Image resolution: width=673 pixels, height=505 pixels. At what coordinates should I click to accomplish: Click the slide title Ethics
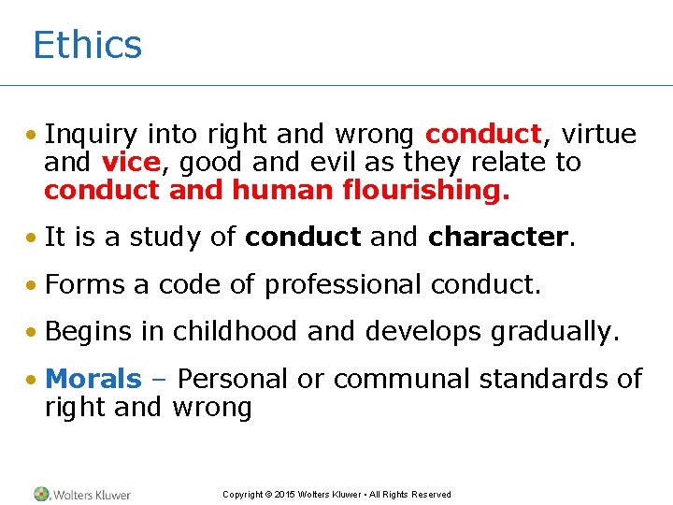coord(87,45)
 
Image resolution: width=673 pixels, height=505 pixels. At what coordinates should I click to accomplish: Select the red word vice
coord(130,163)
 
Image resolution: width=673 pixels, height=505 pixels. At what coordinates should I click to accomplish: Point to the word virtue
coord(598,135)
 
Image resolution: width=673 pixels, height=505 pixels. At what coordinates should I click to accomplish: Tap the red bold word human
coord(280,191)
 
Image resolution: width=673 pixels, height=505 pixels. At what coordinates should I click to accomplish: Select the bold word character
coord(497,238)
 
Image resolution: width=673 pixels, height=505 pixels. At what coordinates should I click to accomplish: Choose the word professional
coord(343,284)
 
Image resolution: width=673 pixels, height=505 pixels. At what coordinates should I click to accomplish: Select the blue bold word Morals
coord(93,379)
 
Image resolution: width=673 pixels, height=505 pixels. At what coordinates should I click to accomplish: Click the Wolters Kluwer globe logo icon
coord(42,494)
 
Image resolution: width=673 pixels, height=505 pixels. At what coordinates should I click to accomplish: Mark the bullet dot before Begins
coord(32,332)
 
